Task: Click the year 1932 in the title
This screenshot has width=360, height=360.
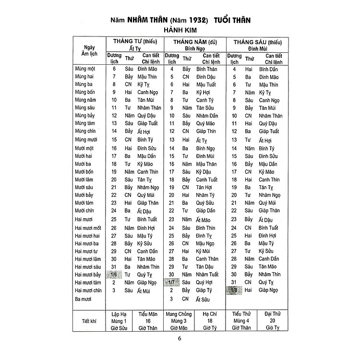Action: point(197,22)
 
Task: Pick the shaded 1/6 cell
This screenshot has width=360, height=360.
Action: point(114,275)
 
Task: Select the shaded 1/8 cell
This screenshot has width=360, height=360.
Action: point(234,290)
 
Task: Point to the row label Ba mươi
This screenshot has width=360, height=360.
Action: point(84,299)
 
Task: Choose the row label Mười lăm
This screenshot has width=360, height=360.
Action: point(85,180)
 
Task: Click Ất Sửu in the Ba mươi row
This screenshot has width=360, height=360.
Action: point(204,299)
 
